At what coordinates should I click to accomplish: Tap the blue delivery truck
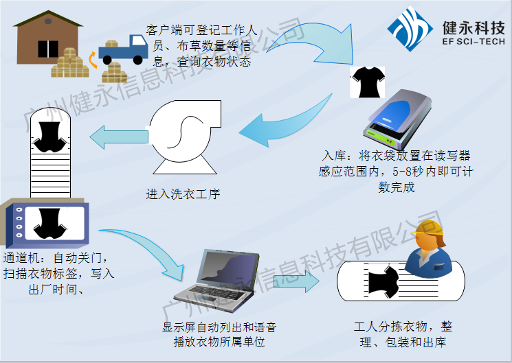[124, 49]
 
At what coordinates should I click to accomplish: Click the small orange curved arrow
[90, 60]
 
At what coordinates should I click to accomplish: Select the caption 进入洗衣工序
[182, 194]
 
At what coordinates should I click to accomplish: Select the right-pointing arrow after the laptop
[296, 281]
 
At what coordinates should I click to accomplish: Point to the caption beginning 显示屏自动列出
[220, 334]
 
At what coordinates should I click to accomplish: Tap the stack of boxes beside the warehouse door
[69, 62]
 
